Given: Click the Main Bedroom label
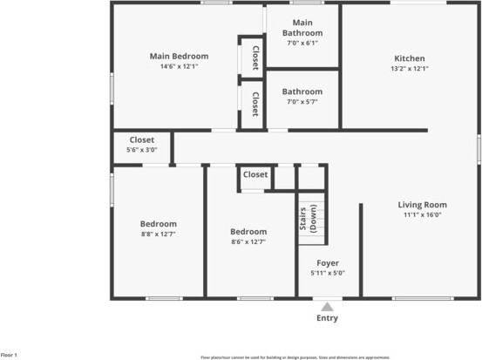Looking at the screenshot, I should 179,56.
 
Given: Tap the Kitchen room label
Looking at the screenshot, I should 409,58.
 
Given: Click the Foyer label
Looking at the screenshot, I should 328,262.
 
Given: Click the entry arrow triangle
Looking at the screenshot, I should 327,307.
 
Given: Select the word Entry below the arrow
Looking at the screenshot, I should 327,318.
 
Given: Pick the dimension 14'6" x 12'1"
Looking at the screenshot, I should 179,67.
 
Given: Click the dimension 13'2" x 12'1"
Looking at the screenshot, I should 409,69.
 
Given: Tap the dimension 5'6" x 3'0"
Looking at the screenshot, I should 142,150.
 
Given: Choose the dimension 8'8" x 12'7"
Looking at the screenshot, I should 160,234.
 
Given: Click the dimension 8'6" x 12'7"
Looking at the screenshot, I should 248,241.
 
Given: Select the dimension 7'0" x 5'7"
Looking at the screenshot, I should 302,102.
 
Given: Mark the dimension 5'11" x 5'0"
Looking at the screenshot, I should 328,273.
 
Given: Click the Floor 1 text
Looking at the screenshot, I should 10,355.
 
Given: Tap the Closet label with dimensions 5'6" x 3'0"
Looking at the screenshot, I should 142,139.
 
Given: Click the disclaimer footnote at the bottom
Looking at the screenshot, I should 295,357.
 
